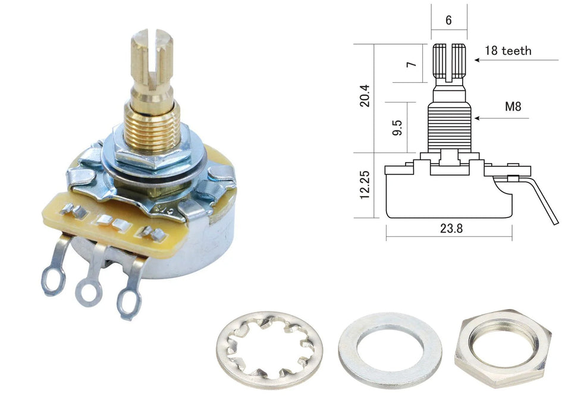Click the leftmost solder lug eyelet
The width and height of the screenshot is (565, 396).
pyautogui.click(x=52, y=279)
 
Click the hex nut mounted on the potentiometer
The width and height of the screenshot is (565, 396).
pyautogui.click(x=151, y=156)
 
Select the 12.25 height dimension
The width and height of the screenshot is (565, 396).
pyautogui.click(x=365, y=185)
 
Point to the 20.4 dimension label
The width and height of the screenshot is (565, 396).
pyautogui.click(x=365, y=95)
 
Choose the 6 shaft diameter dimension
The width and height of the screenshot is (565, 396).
pyautogui.click(x=448, y=20)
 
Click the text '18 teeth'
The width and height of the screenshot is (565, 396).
pyautogui.click(x=508, y=51)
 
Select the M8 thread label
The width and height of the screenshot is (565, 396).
pyautogui.click(x=513, y=107)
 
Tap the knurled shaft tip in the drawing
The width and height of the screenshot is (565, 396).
pyautogui.click(x=449, y=62)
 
